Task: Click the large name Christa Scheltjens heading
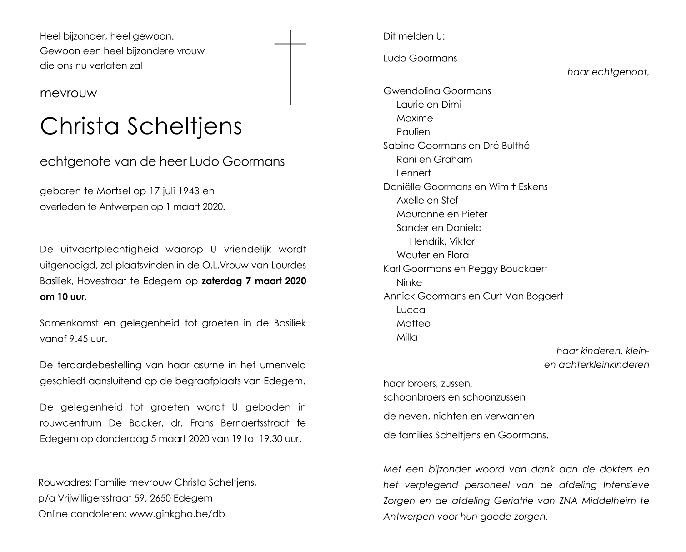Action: pos(141,126)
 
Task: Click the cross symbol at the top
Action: pos(290,67)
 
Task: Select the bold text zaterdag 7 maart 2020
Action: pos(254,281)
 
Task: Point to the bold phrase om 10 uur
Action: pos(63,297)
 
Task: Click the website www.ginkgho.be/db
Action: pos(177,514)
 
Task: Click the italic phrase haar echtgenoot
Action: pos(608,72)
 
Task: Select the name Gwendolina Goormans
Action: pos(437,91)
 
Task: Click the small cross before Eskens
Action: pos(513,186)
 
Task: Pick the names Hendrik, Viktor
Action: pos(442,241)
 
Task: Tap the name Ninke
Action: pos(409,282)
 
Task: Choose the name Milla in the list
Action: pos(407,337)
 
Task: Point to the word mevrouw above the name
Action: pos(69,93)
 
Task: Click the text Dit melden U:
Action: pos(414,36)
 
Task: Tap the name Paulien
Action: pos(413,132)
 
